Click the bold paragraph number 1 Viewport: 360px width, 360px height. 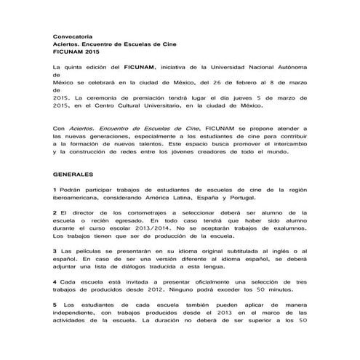[x=55, y=190]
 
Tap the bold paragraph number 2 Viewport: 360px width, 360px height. [x=55, y=213]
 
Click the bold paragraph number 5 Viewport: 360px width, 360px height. [x=55, y=305]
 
